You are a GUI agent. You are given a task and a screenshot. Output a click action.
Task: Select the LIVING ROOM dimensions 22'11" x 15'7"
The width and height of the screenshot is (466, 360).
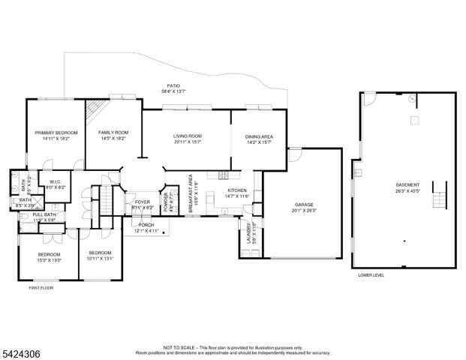188,142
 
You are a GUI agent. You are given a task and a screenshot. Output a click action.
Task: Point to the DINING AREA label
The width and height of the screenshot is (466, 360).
258,136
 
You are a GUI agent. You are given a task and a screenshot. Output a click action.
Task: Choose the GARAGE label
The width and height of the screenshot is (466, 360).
303,204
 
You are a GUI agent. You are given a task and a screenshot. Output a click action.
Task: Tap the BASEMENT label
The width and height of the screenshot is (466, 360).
407,184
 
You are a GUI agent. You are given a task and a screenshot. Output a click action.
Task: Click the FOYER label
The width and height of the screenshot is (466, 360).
143,202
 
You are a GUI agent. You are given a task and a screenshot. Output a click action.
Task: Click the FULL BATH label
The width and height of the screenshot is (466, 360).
44,216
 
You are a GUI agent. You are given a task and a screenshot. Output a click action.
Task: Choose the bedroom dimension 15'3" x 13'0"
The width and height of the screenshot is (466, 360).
50,259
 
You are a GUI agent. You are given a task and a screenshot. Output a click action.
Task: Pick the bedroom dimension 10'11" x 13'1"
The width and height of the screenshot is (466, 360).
100,257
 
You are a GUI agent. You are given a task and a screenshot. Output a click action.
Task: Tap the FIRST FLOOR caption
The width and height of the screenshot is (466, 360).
44,288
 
